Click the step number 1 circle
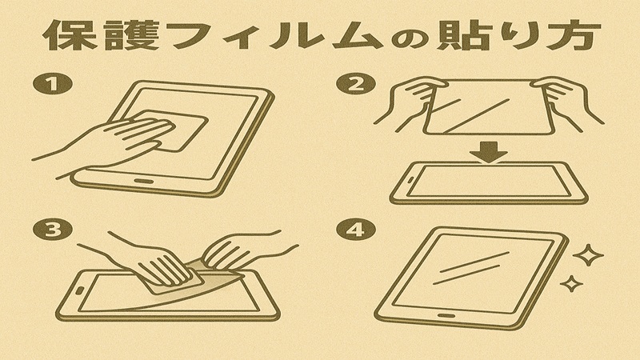coord(49,85)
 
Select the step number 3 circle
coord(50,230)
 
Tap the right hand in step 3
coord(240,249)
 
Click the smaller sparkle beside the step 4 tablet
coord(570,283)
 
